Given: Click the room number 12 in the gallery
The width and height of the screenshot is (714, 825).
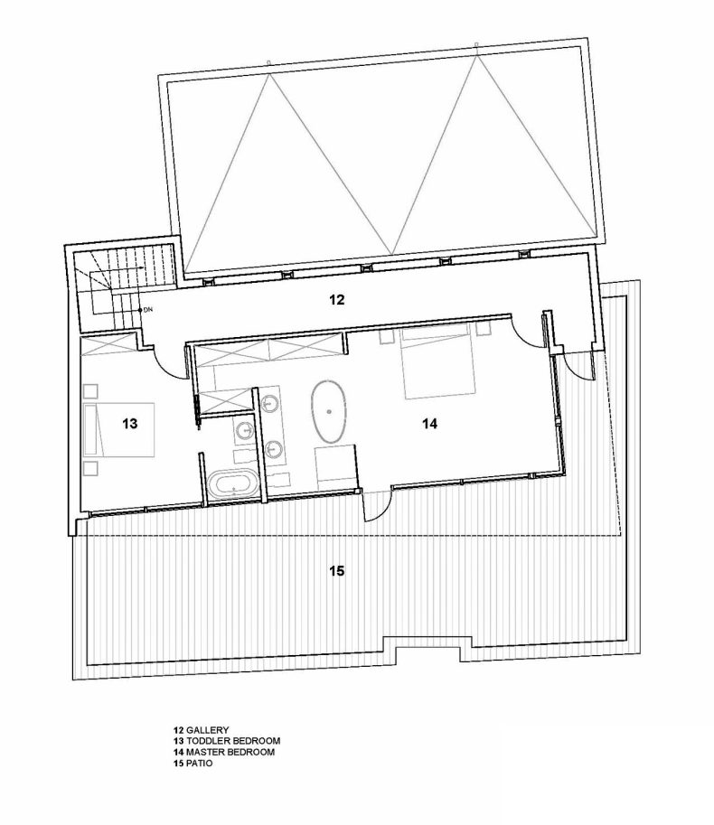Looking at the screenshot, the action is click(x=337, y=300).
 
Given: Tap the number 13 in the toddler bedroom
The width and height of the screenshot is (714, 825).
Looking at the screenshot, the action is click(x=129, y=423).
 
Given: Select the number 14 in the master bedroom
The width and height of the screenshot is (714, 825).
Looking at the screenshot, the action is click(x=430, y=423).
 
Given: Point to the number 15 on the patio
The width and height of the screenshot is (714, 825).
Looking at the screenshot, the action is click(x=337, y=570).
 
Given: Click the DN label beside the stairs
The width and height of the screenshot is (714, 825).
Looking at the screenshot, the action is click(x=147, y=311).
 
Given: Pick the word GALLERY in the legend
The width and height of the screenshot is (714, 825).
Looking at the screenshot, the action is click(x=207, y=730).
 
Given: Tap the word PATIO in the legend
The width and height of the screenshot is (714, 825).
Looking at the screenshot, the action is click(x=200, y=764).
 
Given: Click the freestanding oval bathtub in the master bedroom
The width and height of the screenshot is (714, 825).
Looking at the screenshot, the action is click(x=329, y=411).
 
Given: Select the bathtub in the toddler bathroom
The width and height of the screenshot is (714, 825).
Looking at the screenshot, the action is click(x=232, y=484).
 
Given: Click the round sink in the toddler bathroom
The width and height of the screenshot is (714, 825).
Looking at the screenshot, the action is click(x=245, y=430).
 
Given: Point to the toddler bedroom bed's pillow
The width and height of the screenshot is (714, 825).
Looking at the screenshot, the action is click(x=91, y=429).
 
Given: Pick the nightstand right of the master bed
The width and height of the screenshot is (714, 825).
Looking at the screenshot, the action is click(x=483, y=328).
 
